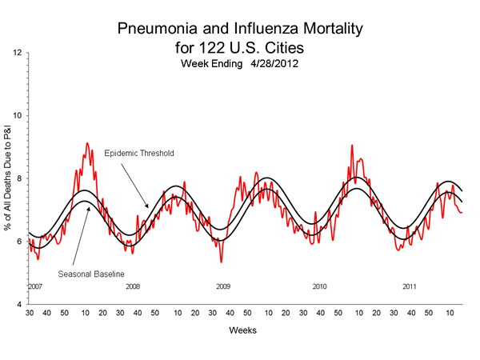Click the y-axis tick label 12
tap(17, 53)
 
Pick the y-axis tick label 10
tap(17, 116)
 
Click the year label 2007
tap(34, 286)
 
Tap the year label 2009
tap(223, 286)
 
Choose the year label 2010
tap(319, 286)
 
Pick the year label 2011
tap(409, 286)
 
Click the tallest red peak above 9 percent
tap(87, 143)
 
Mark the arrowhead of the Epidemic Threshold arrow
tap(146, 209)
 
